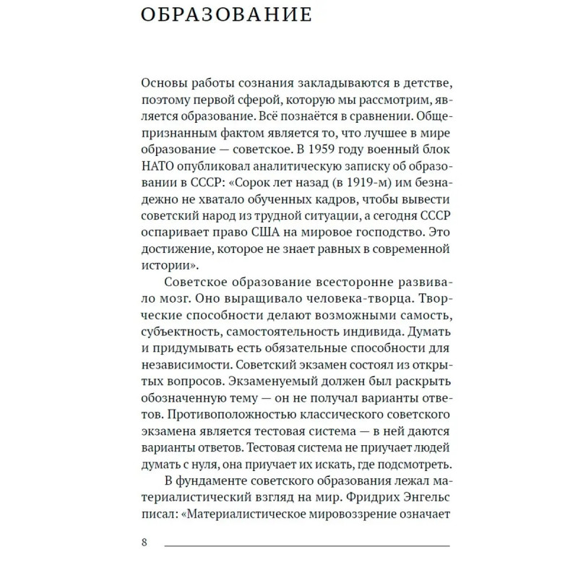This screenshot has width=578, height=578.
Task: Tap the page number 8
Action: click(144, 543)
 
